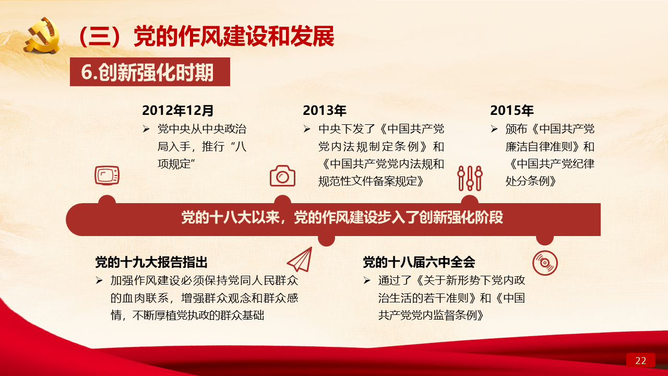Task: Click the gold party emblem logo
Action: [42, 36]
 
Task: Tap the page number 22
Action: [640, 360]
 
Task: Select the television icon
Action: [107, 175]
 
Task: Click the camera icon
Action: [282, 176]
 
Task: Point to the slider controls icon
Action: [470, 178]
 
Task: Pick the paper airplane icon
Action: [300, 260]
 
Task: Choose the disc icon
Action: [545, 263]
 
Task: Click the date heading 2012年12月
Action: [178, 110]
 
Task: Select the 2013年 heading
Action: [325, 110]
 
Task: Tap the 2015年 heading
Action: [512, 110]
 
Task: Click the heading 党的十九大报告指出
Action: [151, 262]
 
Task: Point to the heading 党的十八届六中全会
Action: [419, 262]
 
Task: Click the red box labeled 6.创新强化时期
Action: [150, 72]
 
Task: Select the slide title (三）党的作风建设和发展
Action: [206, 37]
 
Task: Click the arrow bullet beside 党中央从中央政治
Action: [146, 129]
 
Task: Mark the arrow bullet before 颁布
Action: [494, 129]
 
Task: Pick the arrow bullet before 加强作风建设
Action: [99, 280]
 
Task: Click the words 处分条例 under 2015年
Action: [528, 181]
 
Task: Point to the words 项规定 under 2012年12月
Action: [174, 164]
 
